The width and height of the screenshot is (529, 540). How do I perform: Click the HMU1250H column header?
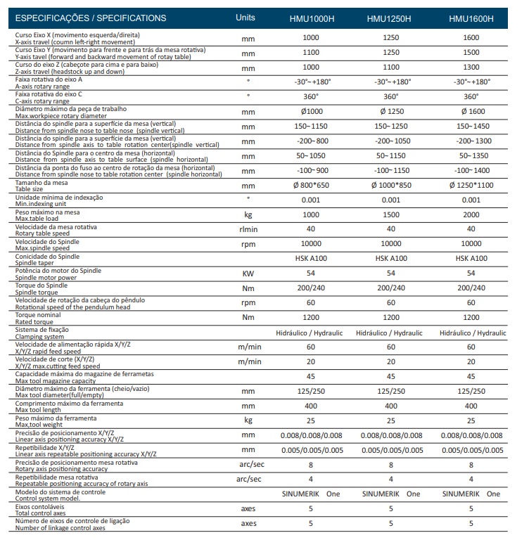(389, 18)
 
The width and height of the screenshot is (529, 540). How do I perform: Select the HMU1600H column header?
(471, 18)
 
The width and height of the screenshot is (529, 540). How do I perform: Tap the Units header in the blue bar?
(246, 18)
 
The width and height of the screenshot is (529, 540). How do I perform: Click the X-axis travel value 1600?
(471, 37)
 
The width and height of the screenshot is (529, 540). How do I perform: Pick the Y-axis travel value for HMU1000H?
(311, 52)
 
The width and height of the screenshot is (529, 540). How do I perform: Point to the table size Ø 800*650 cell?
(311, 186)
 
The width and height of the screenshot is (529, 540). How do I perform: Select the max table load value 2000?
(471, 214)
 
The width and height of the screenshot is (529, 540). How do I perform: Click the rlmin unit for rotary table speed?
(248, 229)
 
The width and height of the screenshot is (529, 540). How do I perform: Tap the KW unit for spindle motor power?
(248, 274)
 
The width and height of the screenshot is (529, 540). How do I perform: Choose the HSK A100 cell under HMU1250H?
(391, 258)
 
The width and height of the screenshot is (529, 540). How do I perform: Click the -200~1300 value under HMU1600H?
(474, 141)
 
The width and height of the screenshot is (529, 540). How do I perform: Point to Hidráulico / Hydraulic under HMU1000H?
(310, 333)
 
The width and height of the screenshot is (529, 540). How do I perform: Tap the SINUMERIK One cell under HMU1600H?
(471, 494)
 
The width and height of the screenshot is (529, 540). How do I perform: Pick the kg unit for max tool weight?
(248, 420)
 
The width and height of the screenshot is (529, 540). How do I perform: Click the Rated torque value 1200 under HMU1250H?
(391, 318)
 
